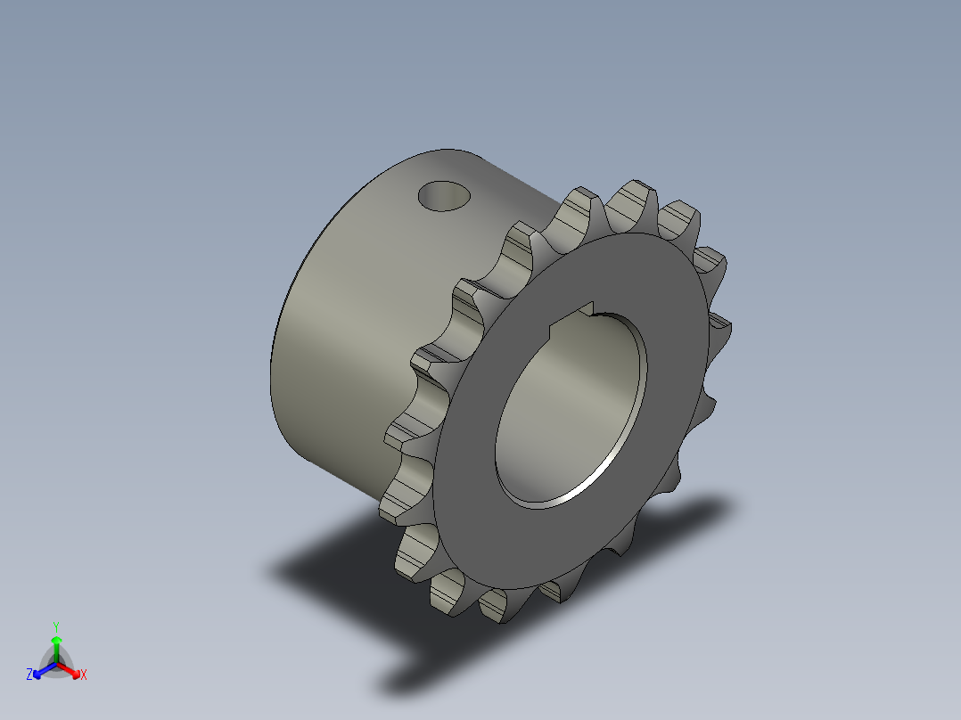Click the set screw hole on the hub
pyautogui.click(x=444, y=195)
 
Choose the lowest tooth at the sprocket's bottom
pyautogui.click(x=500, y=607)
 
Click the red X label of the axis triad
pyautogui.click(x=84, y=675)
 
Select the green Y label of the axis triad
pyautogui.click(x=56, y=626)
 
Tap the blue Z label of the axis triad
pyautogui.click(x=29, y=675)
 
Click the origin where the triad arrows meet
pyautogui.click(x=56, y=663)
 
